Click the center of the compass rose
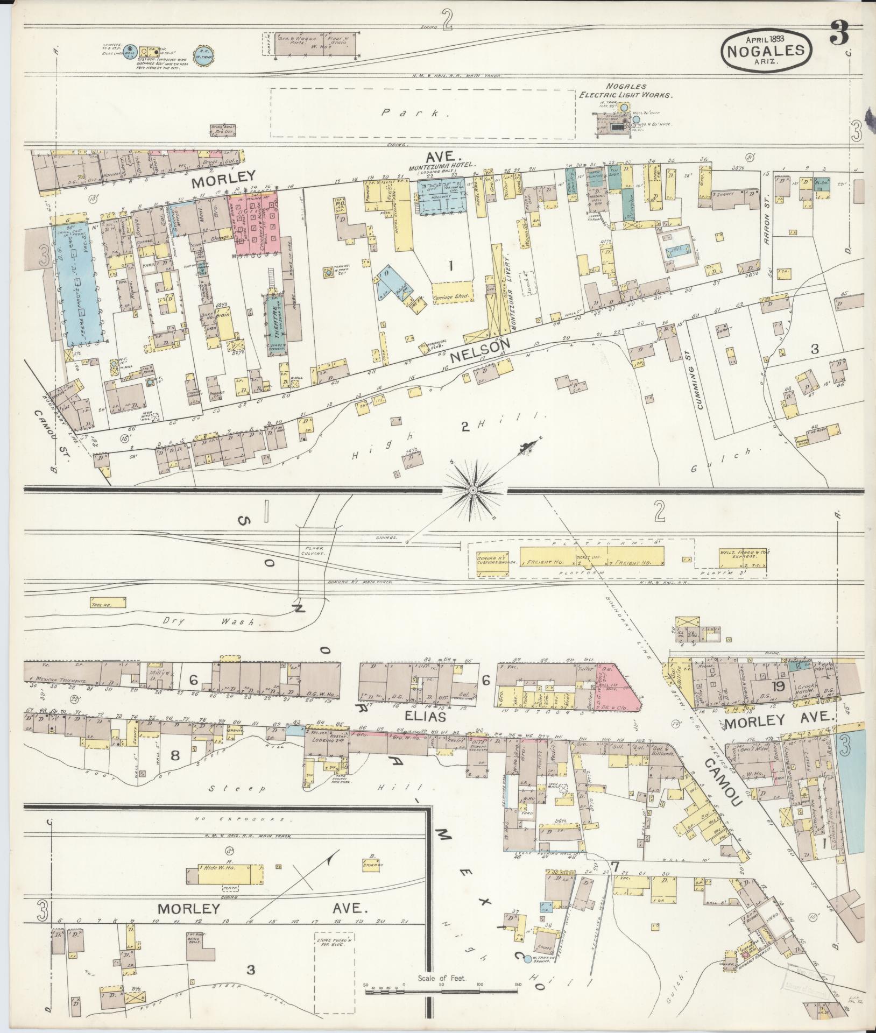[x=472, y=490]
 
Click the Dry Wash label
[x=207, y=621]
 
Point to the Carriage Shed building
[x=451, y=296]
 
